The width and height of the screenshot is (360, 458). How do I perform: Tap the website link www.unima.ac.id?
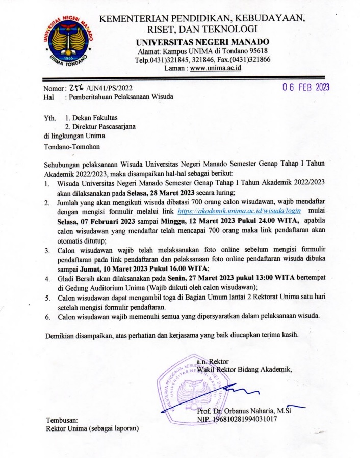(x=215, y=69)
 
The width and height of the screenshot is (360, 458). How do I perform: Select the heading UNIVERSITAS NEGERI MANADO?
(x=206, y=42)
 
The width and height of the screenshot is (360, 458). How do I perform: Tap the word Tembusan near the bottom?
(x=62, y=420)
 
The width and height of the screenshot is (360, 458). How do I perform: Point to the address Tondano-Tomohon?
(x=72, y=148)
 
